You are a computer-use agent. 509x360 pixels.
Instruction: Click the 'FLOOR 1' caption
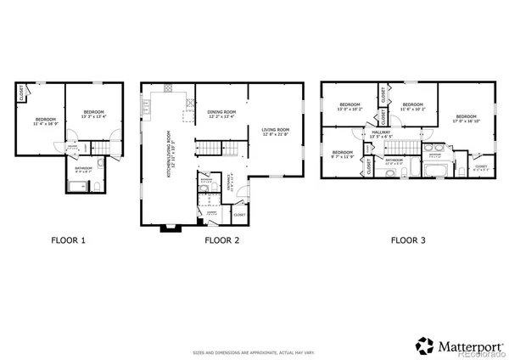[x=70, y=240]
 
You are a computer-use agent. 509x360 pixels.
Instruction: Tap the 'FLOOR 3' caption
[x=409, y=240]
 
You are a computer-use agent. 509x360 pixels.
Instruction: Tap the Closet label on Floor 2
[x=239, y=215]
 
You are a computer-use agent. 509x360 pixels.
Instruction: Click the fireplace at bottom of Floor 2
[x=170, y=227]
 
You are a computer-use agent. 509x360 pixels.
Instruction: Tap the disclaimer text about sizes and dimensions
[x=254, y=351]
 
